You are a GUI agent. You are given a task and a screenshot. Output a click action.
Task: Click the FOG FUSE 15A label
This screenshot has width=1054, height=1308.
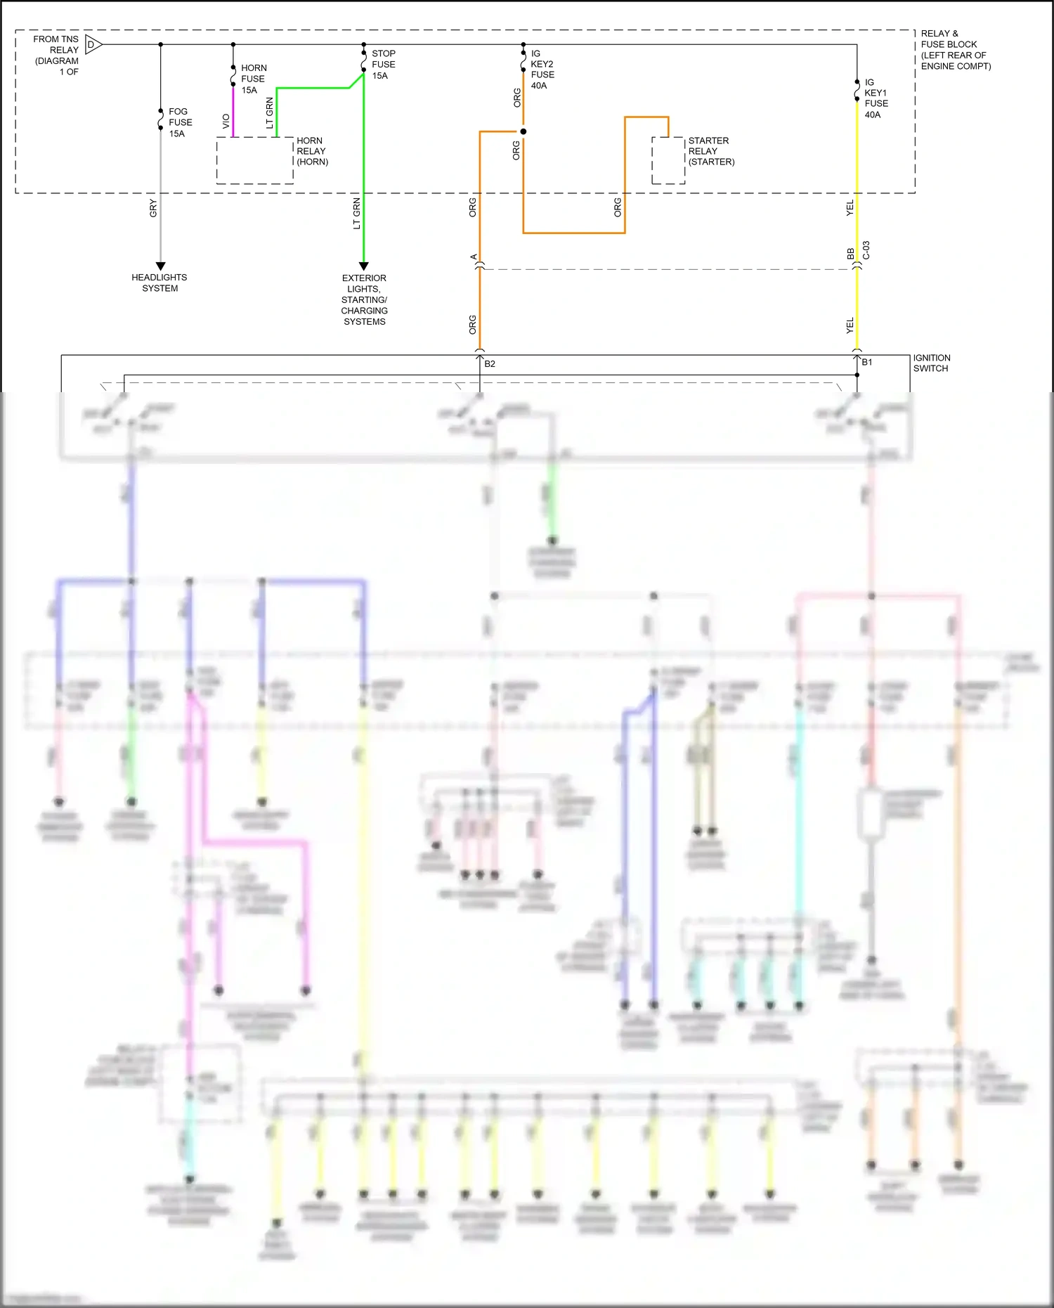pyautogui.click(x=180, y=122)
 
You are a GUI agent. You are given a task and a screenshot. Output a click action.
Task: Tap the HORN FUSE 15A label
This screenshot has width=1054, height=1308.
pyautogui.click(x=253, y=79)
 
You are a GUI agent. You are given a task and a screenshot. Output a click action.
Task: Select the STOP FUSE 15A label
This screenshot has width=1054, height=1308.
pyautogui.click(x=383, y=65)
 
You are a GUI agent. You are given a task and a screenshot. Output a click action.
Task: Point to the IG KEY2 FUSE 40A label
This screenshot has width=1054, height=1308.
pyautogui.click(x=542, y=70)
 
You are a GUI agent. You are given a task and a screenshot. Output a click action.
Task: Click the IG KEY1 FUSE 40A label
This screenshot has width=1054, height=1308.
pyautogui.click(x=876, y=98)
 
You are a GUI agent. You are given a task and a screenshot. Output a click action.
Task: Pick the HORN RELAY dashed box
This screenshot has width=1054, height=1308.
pyautogui.click(x=254, y=161)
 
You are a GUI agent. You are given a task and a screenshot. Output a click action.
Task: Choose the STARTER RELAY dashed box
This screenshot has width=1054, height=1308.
pyautogui.click(x=668, y=161)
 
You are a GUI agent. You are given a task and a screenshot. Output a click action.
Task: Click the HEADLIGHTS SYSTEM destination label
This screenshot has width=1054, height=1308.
pyautogui.click(x=160, y=283)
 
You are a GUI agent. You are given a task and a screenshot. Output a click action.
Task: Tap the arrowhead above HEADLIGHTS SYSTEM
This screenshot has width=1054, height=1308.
pyautogui.click(x=160, y=266)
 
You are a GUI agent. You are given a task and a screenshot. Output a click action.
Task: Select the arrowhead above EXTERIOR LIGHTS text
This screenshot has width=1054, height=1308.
pyautogui.click(x=364, y=266)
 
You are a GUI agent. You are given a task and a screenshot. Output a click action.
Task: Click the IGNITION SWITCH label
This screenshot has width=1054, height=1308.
pyautogui.click(x=931, y=363)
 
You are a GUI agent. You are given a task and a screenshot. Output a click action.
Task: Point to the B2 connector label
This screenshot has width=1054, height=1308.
pyautogui.click(x=490, y=364)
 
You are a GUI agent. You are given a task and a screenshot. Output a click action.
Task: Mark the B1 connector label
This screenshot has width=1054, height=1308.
pyautogui.click(x=867, y=363)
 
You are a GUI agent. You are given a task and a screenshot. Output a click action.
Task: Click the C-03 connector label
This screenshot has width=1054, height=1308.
pyautogui.click(x=866, y=250)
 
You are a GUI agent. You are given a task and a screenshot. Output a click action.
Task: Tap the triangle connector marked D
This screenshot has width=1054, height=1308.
pyautogui.click(x=93, y=45)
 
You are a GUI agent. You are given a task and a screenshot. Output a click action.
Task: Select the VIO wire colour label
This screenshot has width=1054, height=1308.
pyautogui.click(x=226, y=122)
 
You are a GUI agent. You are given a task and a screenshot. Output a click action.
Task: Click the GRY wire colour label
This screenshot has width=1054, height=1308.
pyautogui.click(x=153, y=208)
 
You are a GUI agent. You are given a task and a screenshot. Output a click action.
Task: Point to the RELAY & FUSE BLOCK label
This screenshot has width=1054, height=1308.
pyautogui.click(x=955, y=50)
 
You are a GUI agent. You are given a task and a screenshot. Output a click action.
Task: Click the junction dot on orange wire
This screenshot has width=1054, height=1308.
pyautogui.click(x=523, y=131)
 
